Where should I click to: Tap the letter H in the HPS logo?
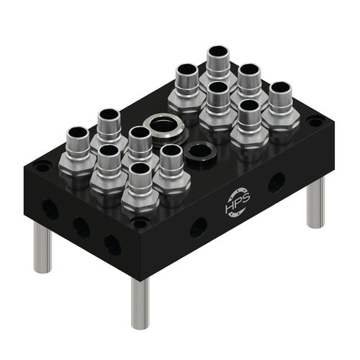click(x=230, y=211)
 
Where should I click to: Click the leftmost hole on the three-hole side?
click(x=50, y=210)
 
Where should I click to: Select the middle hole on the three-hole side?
click(x=81, y=228)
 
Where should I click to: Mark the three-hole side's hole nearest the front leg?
click(x=112, y=245)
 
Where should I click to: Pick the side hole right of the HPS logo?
click(x=276, y=182)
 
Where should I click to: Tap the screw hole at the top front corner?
click(x=139, y=225)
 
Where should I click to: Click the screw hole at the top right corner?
click(x=315, y=122)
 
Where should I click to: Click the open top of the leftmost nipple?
click(x=77, y=135)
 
